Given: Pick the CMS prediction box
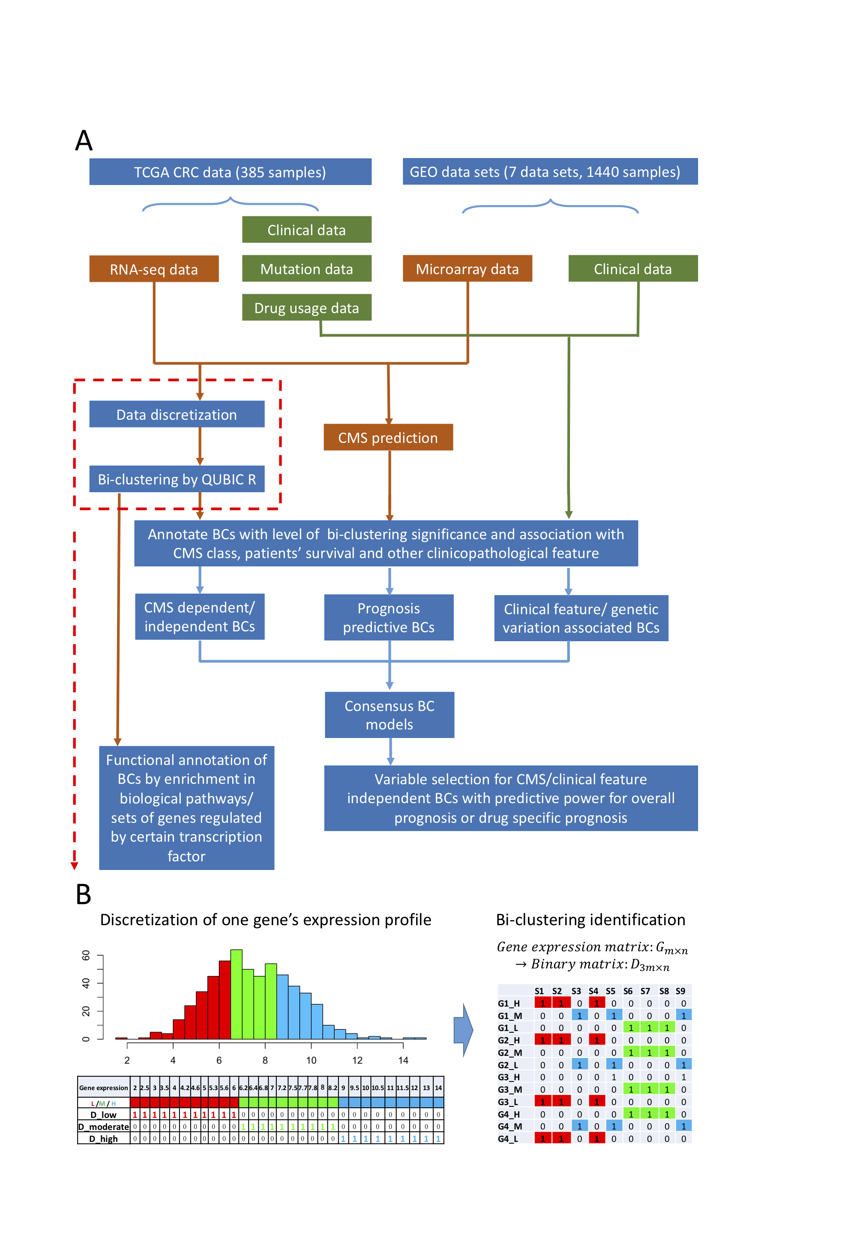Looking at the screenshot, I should (x=388, y=437).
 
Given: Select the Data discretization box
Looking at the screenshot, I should (x=177, y=415).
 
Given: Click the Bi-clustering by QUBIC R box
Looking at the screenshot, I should (x=177, y=479).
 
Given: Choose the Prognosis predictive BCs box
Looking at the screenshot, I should (x=388, y=617).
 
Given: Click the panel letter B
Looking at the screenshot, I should (x=83, y=895).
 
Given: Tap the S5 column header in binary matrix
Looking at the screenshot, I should (x=611, y=991).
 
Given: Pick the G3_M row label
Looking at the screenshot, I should (x=509, y=1089).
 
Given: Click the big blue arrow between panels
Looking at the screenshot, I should (x=462, y=1030).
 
